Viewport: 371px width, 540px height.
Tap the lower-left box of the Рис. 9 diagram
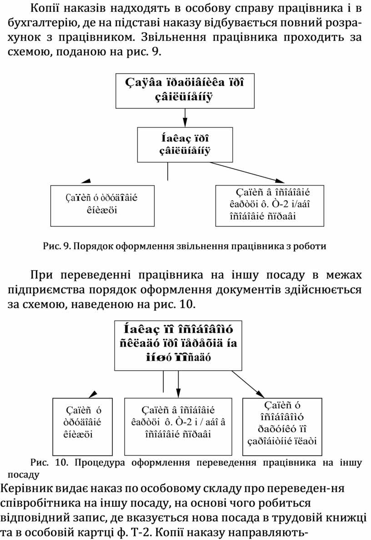coord(102,205)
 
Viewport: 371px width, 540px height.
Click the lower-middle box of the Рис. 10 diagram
coord(178,426)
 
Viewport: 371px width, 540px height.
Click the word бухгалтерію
coord(39,23)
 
